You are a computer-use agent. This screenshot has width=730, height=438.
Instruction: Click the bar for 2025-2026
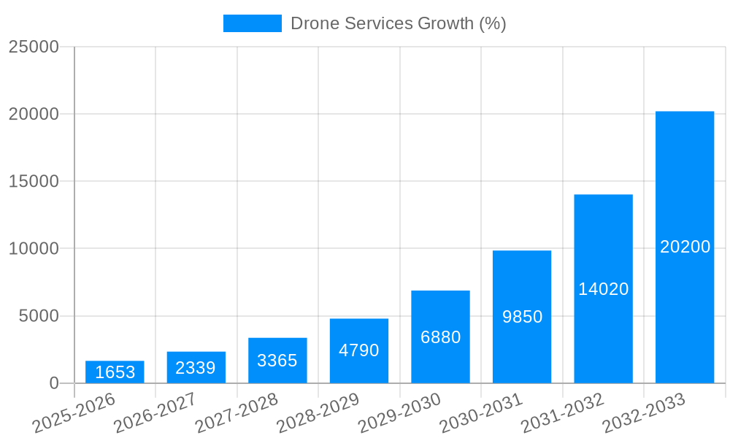point(115,372)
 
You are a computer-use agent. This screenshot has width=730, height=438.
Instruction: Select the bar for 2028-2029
point(359,351)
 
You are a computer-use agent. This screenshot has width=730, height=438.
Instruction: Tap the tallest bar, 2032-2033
point(685,247)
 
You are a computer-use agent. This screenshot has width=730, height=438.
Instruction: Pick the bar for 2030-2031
point(522,317)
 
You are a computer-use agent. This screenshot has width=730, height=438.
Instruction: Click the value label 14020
point(603,289)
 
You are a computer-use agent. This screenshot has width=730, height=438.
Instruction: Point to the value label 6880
point(440,337)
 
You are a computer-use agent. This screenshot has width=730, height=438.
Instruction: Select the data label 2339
point(196,368)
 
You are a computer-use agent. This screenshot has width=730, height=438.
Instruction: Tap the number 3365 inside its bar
point(277,361)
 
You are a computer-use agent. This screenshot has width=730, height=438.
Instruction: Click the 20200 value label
point(685,247)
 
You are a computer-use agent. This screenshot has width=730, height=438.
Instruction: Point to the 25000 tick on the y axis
point(34,47)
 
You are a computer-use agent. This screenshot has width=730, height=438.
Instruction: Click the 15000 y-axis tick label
point(34,182)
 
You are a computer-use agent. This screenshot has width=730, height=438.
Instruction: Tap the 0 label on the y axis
point(54,383)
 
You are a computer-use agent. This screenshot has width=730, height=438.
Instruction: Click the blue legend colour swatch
point(252,23)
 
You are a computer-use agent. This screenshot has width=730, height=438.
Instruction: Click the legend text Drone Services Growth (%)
point(398,23)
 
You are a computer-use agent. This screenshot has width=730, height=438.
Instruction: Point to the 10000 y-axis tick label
point(34,249)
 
